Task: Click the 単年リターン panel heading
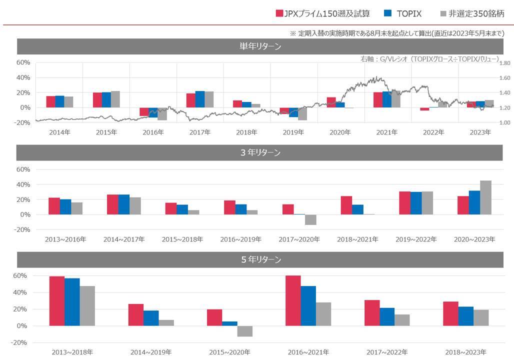[259, 46]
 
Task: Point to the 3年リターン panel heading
[259, 152]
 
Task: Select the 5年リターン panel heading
[259, 260]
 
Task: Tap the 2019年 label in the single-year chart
[293, 132]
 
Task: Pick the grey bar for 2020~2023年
[485, 197]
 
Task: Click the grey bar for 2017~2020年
[310, 220]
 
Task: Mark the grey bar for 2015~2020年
[245, 331]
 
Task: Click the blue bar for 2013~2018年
[72, 302]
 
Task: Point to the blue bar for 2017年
[200, 99]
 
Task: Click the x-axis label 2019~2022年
[416, 239]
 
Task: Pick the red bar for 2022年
[424, 109]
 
